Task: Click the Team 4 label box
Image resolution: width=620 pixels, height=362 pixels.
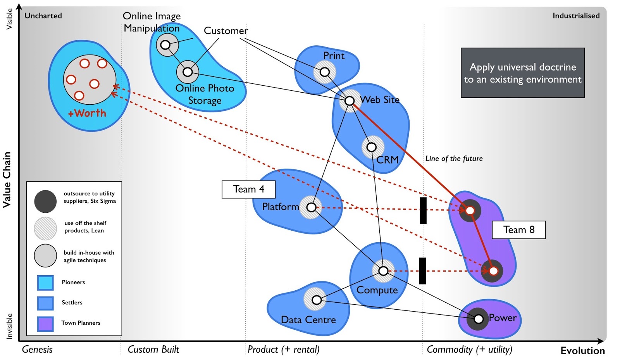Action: [x=248, y=189]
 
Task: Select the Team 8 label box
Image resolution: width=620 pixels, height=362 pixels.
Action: [x=518, y=230]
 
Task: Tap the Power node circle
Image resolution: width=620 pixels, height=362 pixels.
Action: [x=479, y=319]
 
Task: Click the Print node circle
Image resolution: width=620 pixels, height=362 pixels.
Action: [x=325, y=72]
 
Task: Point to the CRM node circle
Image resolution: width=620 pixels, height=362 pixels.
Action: [x=372, y=147]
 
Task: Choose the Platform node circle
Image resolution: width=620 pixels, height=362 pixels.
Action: [x=311, y=207]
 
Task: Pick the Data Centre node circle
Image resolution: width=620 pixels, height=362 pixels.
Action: [x=317, y=300]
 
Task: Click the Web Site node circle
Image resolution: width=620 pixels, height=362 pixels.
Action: [x=350, y=101]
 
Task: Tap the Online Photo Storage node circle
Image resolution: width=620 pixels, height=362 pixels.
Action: [x=188, y=72]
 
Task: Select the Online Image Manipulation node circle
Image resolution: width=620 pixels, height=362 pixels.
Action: [x=165, y=45]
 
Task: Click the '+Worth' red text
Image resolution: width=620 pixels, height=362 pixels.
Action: [x=87, y=113]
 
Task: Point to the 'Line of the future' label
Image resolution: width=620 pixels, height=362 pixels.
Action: [x=454, y=159]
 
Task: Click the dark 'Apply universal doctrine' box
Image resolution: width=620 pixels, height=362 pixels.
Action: [x=522, y=73]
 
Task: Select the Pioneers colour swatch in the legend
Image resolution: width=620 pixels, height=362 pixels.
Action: [x=45, y=283]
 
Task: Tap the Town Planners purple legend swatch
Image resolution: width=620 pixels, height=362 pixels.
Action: [x=45, y=323]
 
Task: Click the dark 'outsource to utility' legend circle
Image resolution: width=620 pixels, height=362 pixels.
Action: [x=45, y=201]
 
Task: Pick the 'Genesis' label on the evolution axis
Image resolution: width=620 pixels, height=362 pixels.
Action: [x=37, y=350]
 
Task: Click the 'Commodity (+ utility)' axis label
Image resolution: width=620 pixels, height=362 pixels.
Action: [x=469, y=350]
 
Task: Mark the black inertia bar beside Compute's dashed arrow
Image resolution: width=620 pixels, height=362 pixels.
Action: [x=422, y=271]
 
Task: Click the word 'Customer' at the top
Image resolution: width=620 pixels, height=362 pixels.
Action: [x=226, y=31]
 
